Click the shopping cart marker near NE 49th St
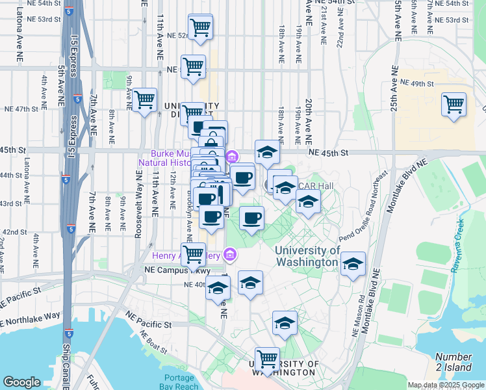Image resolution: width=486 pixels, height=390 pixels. (x=454, y=105)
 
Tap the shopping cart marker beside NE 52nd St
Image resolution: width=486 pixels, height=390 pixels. (x=201, y=27)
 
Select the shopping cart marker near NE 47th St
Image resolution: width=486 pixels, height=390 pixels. (x=144, y=100)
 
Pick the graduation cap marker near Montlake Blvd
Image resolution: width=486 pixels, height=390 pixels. (x=353, y=265)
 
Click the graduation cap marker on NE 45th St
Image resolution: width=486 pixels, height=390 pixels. (x=266, y=153)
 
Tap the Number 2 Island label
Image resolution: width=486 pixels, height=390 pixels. (x=454, y=362)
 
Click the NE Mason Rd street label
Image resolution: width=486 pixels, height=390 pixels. (x=355, y=318)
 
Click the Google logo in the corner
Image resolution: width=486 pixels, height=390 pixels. (x=21, y=382)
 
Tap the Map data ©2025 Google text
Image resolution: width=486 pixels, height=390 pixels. (x=446, y=385)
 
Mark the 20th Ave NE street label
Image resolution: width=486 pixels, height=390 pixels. (x=309, y=121)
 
